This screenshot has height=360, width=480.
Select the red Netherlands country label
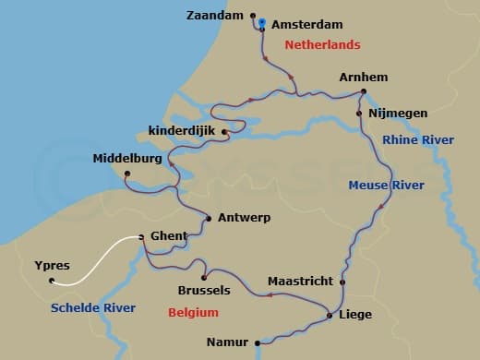pyautogui.click(x=322, y=44)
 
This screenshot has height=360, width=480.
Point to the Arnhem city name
pyautogui.click(x=364, y=77)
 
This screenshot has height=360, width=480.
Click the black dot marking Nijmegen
pyautogui.click(x=359, y=114)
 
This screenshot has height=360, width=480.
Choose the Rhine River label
pyautogui.click(x=417, y=139)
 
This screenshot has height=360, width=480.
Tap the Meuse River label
pyautogui.click(x=386, y=186)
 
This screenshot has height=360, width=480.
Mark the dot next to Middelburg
pyautogui.click(x=127, y=173)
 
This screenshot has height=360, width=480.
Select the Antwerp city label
pyautogui.click(x=245, y=219)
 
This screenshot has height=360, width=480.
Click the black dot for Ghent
pyautogui.click(x=140, y=237)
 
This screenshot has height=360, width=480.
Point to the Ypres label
pyautogui.click(x=52, y=266)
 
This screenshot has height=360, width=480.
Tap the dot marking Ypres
pyautogui.click(x=52, y=281)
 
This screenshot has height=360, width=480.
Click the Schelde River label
pyautogui.click(x=93, y=307)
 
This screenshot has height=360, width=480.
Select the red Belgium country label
pyautogui.click(x=193, y=313)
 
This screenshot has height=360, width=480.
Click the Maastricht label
pyautogui.click(x=299, y=281)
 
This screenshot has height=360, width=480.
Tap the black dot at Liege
pyautogui.click(x=330, y=317)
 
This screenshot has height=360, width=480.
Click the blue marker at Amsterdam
pyautogui.click(x=262, y=22)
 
